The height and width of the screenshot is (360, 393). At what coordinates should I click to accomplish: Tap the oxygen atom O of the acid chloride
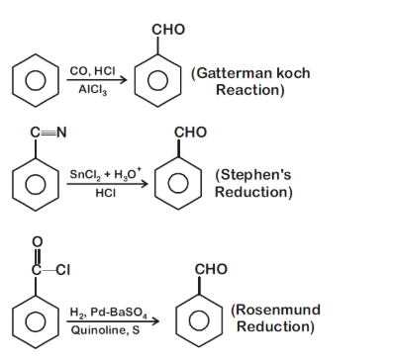[38, 240]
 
